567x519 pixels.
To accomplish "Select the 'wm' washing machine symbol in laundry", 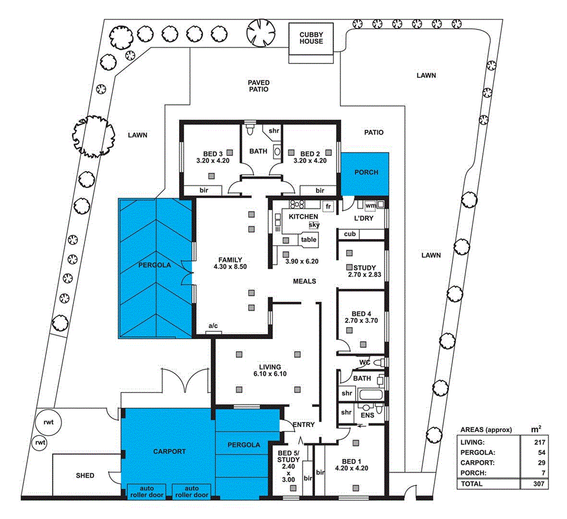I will coord(371,205).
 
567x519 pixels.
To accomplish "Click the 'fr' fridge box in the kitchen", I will coord(328,205).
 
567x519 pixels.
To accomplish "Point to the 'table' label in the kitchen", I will coord(309,239).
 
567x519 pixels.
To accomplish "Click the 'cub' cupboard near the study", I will coord(349,234).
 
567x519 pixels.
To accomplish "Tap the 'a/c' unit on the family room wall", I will coord(213,326).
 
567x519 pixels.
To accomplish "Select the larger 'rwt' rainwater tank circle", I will coord(49,423).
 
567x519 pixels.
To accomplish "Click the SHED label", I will coord(85,476).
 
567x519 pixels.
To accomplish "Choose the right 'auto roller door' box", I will coord(191,491).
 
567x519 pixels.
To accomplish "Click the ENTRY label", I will coord(303,424).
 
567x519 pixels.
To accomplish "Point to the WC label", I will coord(364,363).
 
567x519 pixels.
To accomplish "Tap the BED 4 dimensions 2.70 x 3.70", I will coord(361,321).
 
